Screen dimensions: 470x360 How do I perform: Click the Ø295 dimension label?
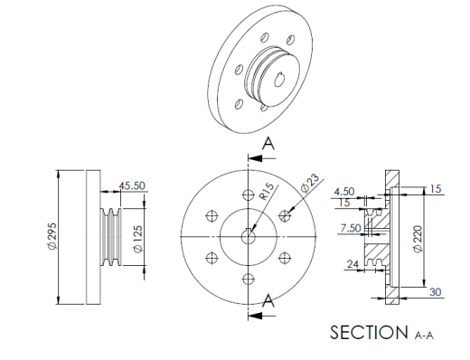click(x=52, y=236)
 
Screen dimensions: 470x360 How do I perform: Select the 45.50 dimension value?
click(x=132, y=185)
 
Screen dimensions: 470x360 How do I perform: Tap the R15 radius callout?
click(x=268, y=192)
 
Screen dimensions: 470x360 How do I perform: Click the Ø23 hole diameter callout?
click(x=310, y=184)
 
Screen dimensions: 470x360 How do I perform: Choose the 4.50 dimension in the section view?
click(x=344, y=192)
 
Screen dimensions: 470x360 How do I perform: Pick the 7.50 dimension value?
click(x=351, y=228)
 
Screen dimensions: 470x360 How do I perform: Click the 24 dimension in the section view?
click(x=353, y=264)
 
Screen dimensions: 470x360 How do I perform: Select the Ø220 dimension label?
click(x=418, y=239)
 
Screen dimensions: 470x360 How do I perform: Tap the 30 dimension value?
click(x=435, y=292)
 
